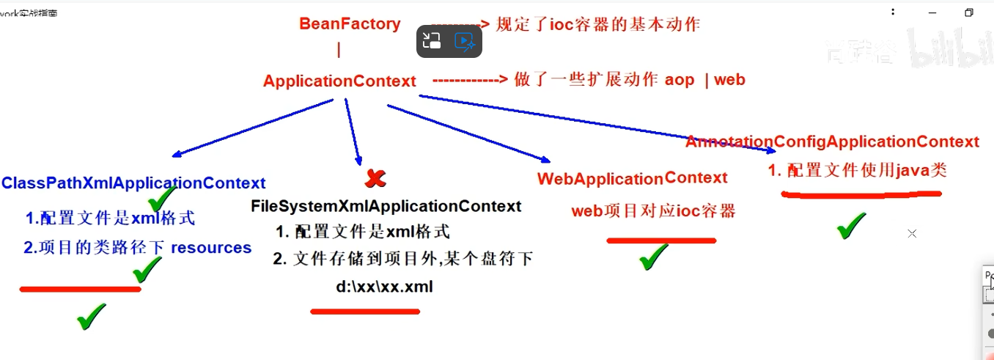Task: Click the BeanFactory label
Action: coord(350,23)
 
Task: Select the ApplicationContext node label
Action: coord(339,81)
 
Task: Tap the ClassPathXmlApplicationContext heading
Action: coord(133,183)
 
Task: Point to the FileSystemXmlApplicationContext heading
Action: coord(386,207)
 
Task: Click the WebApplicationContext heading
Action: coord(632,179)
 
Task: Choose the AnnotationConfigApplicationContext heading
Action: coord(832,142)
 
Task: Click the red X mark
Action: coord(375,177)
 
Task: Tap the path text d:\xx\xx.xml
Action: coord(384,287)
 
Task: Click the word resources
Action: coord(211,248)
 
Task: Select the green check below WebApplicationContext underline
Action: coord(653,257)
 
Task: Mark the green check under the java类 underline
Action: coord(851,226)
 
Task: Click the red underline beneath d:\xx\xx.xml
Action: coord(365,312)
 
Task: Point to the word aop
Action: coord(680,80)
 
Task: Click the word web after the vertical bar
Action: coord(729,80)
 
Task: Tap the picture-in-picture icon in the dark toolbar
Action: coord(432,41)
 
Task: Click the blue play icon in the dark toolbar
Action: coord(465,41)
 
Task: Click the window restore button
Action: coord(969,12)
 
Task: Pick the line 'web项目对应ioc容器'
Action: coord(653,212)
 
